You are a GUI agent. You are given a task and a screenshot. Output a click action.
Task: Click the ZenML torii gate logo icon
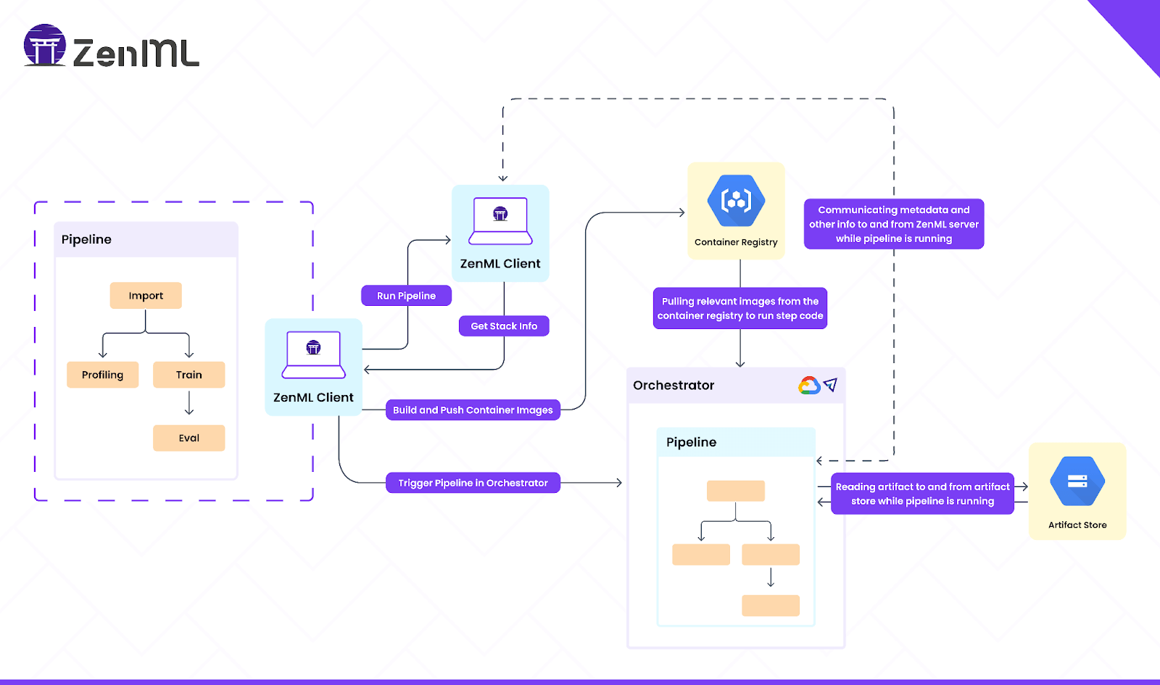(x=45, y=45)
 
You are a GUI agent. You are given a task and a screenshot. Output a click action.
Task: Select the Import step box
(x=146, y=296)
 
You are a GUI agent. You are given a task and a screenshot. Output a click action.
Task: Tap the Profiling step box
(x=102, y=375)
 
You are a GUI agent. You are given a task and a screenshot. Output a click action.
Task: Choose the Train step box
(x=188, y=375)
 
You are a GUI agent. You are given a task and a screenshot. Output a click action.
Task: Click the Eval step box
(x=188, y=438)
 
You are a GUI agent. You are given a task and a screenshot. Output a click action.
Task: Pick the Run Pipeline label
(x=406, y=296)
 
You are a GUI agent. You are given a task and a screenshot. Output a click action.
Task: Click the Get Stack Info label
(x=504, y=326)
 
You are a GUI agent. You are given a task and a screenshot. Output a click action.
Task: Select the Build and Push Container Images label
(x=473, y=410)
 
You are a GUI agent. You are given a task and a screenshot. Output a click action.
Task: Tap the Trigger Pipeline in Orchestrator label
(x=473, y=483)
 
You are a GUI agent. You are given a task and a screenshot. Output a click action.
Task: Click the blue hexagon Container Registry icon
(x=736, y=200)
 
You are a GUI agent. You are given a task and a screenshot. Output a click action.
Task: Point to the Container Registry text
(x=736, y=242)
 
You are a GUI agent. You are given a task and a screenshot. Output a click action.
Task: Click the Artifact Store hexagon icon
(x=1077, y=481)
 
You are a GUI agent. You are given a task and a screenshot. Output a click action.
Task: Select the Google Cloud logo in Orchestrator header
(x=809, y=386)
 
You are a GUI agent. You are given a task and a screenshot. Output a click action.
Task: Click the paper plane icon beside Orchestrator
(x=831, y=385)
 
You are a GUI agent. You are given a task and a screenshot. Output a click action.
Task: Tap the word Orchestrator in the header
(x=674, y=386)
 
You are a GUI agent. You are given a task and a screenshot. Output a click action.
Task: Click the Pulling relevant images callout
(x=740, y=309)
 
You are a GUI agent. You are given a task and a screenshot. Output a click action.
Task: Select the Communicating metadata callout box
(x=894, y=224)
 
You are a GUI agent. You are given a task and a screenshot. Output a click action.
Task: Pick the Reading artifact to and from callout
(x=922, y=494)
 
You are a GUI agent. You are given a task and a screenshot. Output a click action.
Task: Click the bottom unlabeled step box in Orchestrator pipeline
(x=771, y=605)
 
